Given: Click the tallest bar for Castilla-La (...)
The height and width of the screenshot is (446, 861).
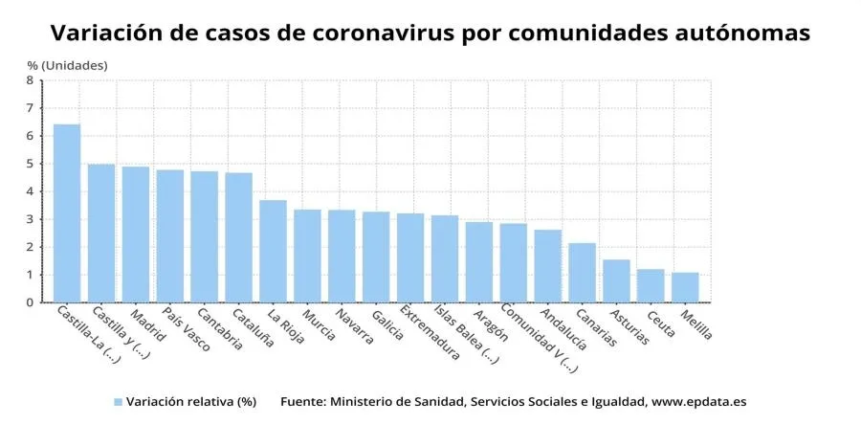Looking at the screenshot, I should (67, 213).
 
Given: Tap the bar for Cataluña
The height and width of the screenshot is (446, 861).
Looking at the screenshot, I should (238, 237).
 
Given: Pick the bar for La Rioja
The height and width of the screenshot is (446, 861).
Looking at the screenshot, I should (273, 251).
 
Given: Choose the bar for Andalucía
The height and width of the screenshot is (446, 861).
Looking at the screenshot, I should (547, 266).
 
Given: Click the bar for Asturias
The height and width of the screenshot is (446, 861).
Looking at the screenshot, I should (616, 280).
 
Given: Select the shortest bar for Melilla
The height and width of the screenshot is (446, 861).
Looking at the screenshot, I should (685, 287).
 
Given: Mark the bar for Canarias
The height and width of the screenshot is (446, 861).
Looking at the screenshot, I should (582, 273).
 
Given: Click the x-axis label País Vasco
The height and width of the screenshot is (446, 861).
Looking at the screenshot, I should (186, 329).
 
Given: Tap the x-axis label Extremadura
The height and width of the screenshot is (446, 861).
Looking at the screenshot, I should (429, 333).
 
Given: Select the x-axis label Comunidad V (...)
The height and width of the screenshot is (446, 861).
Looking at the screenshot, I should (538, 338).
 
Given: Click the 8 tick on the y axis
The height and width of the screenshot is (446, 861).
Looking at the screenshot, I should (30, 80).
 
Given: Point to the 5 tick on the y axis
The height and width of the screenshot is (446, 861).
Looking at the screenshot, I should (30, 164).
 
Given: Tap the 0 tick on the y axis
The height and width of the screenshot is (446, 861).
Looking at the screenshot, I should (30, 302).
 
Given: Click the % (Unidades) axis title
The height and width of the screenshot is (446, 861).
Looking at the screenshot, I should (67, 64).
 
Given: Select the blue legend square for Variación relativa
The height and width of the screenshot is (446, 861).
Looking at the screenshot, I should (118, 403).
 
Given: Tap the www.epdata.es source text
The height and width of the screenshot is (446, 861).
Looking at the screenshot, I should (698, 402).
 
